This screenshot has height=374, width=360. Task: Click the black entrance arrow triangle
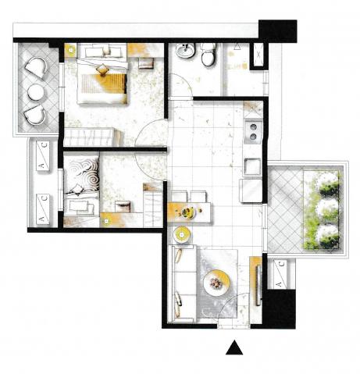pyautogui.click(x=234, y=349)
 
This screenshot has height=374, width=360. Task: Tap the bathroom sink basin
pyautogui.click(x=185, y=51)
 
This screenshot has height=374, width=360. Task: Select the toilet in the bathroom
pyautogui.click(x=209, y=54)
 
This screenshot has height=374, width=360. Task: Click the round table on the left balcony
pyautogui.click(x=36, y=92)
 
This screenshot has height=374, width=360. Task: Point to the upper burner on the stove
pyautogui.click(x=253, y=127)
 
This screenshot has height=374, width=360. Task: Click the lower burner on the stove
pyautogui.click(x=253, y=137)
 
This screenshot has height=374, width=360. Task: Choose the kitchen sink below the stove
pyautogui.click(x=252, y=166)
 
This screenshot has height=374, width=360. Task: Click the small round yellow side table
pyautogui.click(x=182, y=235)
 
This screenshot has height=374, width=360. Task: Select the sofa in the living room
pyautogui.click(x=181, y=283)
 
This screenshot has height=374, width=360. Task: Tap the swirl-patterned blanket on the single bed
pyautogui.click(x=82, y=174)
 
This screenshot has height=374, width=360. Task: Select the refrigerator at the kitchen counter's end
pyautogui.click(x=251, y=191)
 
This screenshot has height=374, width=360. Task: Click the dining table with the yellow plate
pyautogui.click(x=189, y=212)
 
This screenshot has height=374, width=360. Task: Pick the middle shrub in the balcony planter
pyautogui.click(x=329, y=208)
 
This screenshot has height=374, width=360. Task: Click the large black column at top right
pyautogui.click(x=277, y=30)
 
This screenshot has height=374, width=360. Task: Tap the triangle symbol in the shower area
pyautogui.click(x=237, y=47)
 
